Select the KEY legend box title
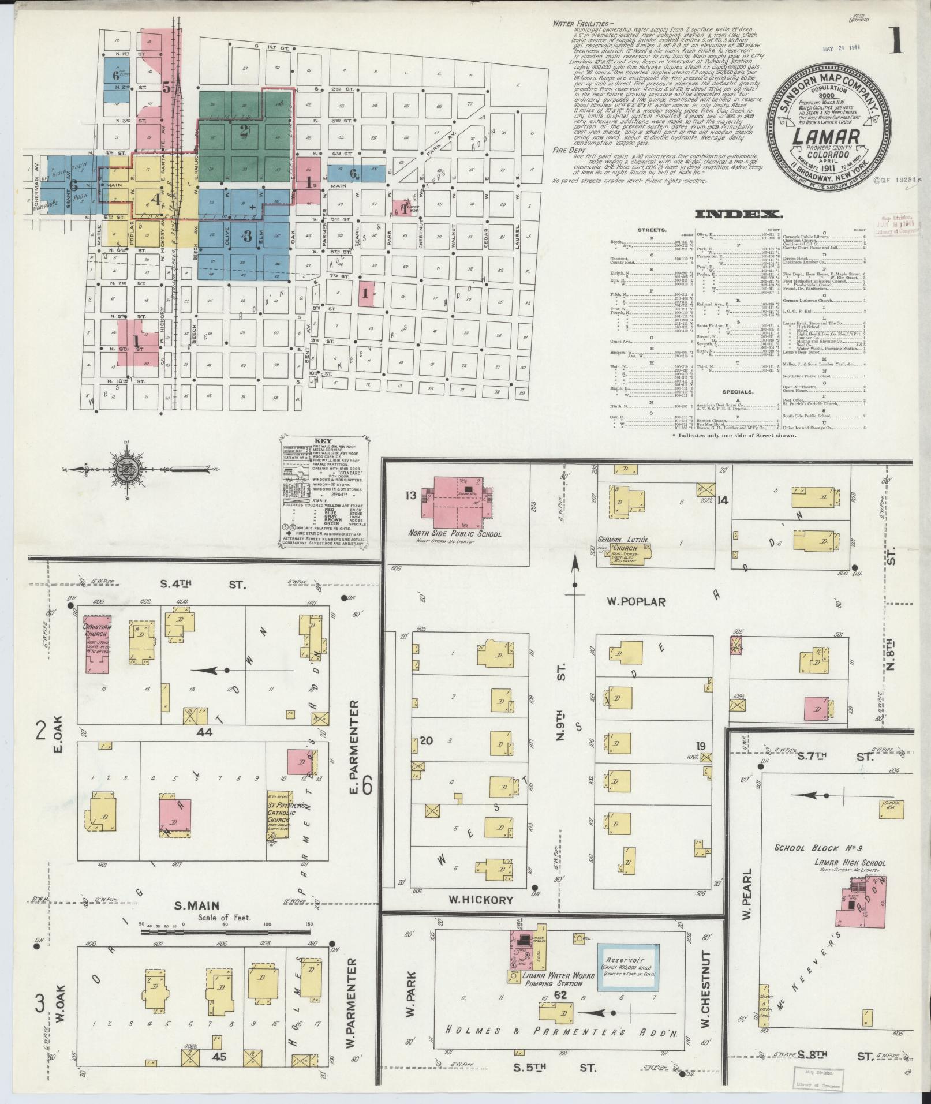click(322, 440)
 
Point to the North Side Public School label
click(455, 534)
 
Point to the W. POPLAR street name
click(635, 602)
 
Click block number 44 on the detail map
click(204, 732)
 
